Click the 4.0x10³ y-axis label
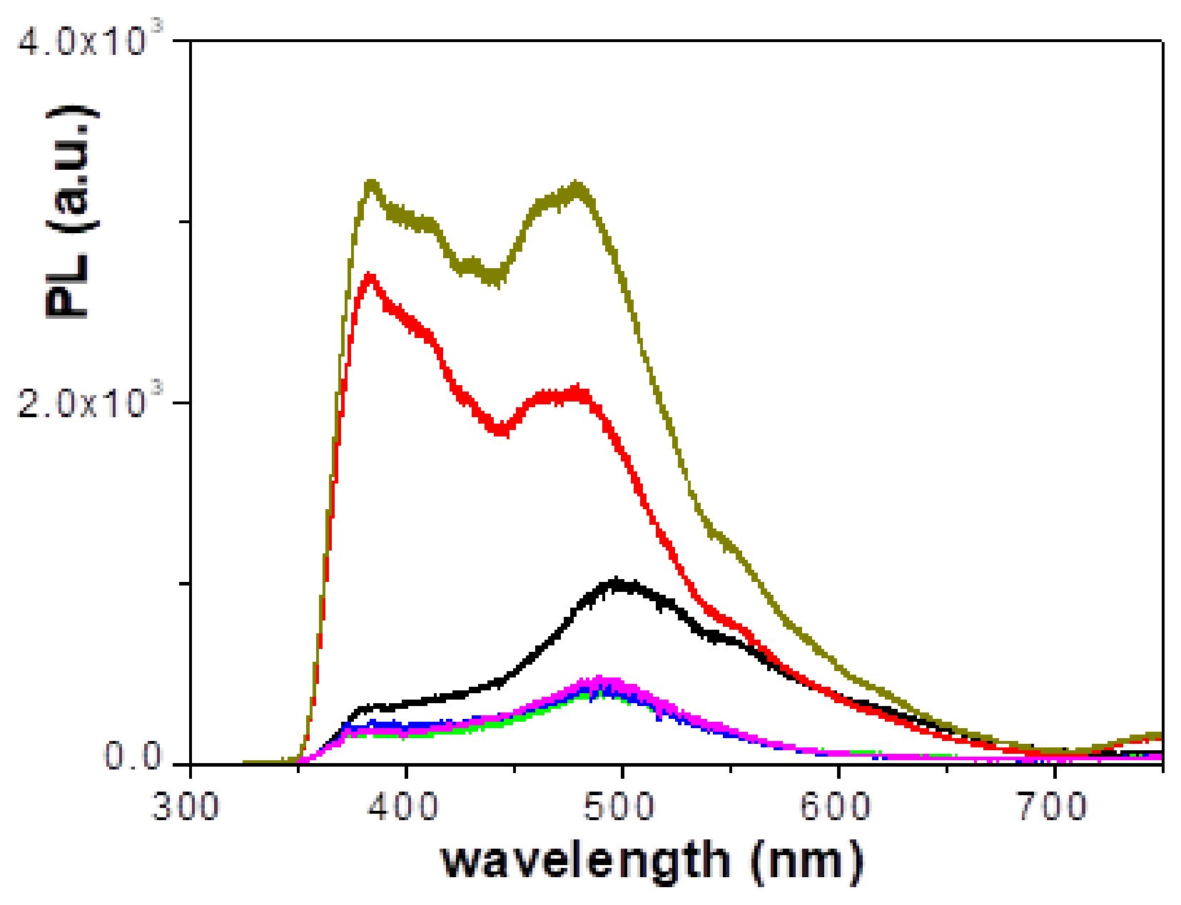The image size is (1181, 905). [88, 41]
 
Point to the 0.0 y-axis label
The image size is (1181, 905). [136, 756]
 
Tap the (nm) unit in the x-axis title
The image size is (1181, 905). [806, 861]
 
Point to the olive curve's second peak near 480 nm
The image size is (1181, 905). [577, 189]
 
